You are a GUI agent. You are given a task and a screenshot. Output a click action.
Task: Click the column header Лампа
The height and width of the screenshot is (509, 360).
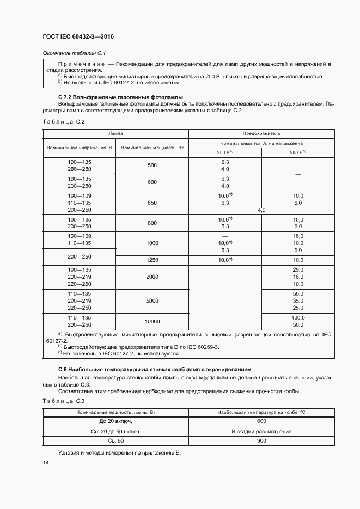pos(115,133)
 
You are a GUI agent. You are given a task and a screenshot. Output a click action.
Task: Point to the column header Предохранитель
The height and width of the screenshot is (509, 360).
pos(261,133)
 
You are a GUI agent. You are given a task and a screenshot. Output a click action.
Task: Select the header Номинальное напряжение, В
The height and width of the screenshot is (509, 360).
pos(80,148)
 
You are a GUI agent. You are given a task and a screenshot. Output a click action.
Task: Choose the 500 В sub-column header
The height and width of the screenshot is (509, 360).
pos(297,152)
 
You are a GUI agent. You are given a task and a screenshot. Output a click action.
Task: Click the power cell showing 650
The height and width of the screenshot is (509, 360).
pos(151,203)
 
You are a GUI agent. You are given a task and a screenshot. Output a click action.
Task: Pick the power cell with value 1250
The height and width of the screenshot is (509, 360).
pos(151,261)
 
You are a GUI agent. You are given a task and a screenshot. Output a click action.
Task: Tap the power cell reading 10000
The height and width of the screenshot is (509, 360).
pos(151,321)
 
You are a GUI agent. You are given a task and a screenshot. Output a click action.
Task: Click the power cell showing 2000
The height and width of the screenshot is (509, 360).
pos(151,277)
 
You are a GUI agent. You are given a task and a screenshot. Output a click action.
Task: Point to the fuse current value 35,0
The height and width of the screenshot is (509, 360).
pos(297,301)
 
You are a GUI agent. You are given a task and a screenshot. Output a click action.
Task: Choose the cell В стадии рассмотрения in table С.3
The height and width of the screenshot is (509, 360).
pos(261,431)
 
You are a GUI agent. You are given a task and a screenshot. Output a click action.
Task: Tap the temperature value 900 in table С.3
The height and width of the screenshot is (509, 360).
pos(261,441)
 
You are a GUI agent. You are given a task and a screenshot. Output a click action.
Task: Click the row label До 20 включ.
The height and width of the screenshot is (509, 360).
pos(115,421)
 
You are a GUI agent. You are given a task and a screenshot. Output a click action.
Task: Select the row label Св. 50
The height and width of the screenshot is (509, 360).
pos(115,441)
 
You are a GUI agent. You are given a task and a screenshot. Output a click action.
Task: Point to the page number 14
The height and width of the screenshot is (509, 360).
pos(46,463)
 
